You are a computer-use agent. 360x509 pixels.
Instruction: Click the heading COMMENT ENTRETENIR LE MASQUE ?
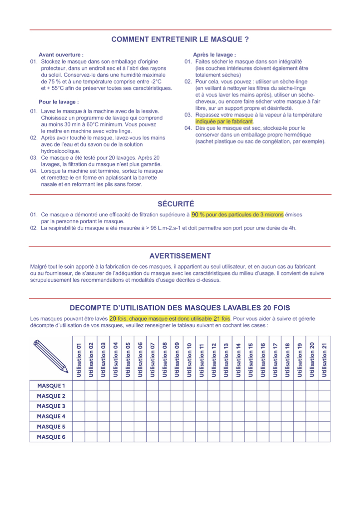click(x=180, y=39)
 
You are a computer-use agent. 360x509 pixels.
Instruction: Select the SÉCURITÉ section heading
click(x=176, y=204)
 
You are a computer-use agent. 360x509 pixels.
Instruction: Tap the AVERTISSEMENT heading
click(x=180, y=256)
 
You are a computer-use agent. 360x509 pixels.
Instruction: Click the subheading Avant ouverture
click(x=61, y=54)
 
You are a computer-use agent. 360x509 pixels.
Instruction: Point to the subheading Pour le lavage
click(x=59, y=102)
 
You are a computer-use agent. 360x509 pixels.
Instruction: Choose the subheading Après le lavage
click(x=214, y=54)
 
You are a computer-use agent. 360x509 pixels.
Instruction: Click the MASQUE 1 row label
click(x=51, y=386)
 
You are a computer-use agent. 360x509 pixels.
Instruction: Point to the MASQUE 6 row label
click(x=51, y=437)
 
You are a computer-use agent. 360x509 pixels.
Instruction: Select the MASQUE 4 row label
click(x=51, y=416)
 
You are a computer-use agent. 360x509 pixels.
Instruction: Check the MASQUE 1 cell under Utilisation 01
click(x=79, y=386)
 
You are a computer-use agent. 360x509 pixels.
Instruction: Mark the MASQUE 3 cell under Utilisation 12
click(x=214, y=406)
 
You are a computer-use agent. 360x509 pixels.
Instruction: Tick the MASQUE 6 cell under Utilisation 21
click(x=324, y=437)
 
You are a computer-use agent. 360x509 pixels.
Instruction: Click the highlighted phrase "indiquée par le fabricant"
click(x=224, y=122)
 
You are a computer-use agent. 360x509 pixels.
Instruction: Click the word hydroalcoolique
click(x=60, y=151)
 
